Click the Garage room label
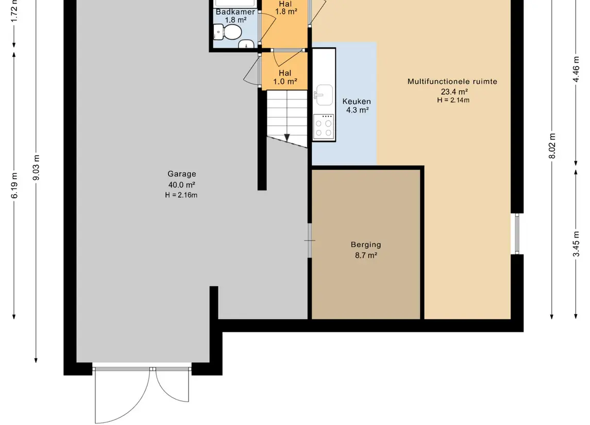coord(182,174)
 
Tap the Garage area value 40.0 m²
coord(182,184)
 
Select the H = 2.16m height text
coord(181,195)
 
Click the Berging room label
coord(366,245)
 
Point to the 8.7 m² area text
coord(366,256)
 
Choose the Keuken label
coord(357,101)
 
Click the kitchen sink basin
coord(324,95)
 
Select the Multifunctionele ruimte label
coord(452,81)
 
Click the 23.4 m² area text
coord(454,92)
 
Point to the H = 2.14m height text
coord(453,100)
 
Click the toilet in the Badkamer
coord(227,32)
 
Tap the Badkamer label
coord(235,12)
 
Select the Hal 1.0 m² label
coord(285,77)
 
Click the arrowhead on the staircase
coord(286,138)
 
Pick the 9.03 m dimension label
coord(36,167)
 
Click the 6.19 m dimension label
coord(14,185)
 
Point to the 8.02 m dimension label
coord(552,146)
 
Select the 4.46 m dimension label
coord(576,69)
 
